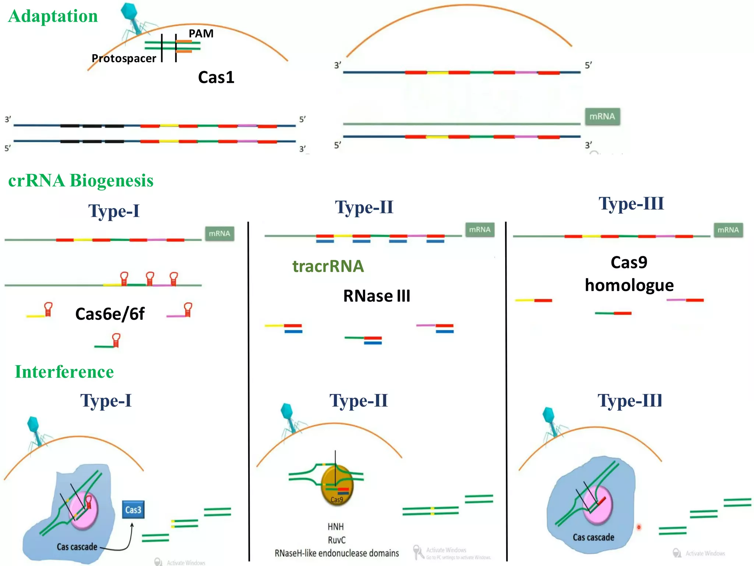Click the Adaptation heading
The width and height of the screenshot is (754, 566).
pyautogui.click(x=53, y=16)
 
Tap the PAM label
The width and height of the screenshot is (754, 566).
pyautogui.click(x=201, y=34)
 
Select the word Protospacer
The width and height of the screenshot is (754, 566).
pyautogui.click(x=124, y=58)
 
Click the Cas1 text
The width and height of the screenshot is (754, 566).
pyautogui.click(x=216, y=77)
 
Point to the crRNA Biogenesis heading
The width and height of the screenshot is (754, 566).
pyautogui.click(x=81, y=181)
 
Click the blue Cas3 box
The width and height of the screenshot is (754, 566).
pyautogui.click(x=133, y=510)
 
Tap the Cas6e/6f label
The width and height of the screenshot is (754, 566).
pyautogui.click(x=110, y=314)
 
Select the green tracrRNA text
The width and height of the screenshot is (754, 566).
pyautogui.click(x=328, y=266)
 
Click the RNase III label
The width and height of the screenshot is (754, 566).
pyautogui.click(x=376, y=296)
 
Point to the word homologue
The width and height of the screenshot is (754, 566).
pyautogui.click(x=629, y=285)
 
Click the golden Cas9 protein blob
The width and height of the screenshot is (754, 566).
pyautogui.click(x=337, y=486)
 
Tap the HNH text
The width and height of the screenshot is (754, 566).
pyautogui.click(x=335, y=527)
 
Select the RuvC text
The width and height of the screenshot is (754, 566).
pyautogui.click(x=337, y=540)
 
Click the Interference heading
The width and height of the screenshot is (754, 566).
pyautogui.click(x=64, y=372)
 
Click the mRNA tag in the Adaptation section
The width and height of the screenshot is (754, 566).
pyautogui.click(x=602, y=116)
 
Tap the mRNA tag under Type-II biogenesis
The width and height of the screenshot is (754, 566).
pyautogui.click(x=480, y=230)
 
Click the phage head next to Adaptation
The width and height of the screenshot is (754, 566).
pyautogui.click(x=129, y=11)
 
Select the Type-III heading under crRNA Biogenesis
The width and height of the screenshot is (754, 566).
pyautogui.click(x=631, y=204)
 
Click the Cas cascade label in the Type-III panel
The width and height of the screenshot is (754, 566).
pyautogui.click(x=593, y=537)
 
